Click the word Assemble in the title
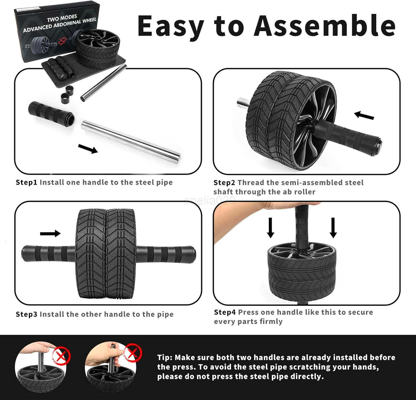coord(324,26)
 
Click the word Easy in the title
coord(171,26)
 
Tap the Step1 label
coord(26,182)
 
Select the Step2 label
coord(224,183)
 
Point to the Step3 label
coord(26,314)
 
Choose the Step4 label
coord(225,312)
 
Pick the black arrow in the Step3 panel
coord(50,233)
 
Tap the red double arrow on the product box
coord(63,42)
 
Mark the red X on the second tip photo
coord(133,353)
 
